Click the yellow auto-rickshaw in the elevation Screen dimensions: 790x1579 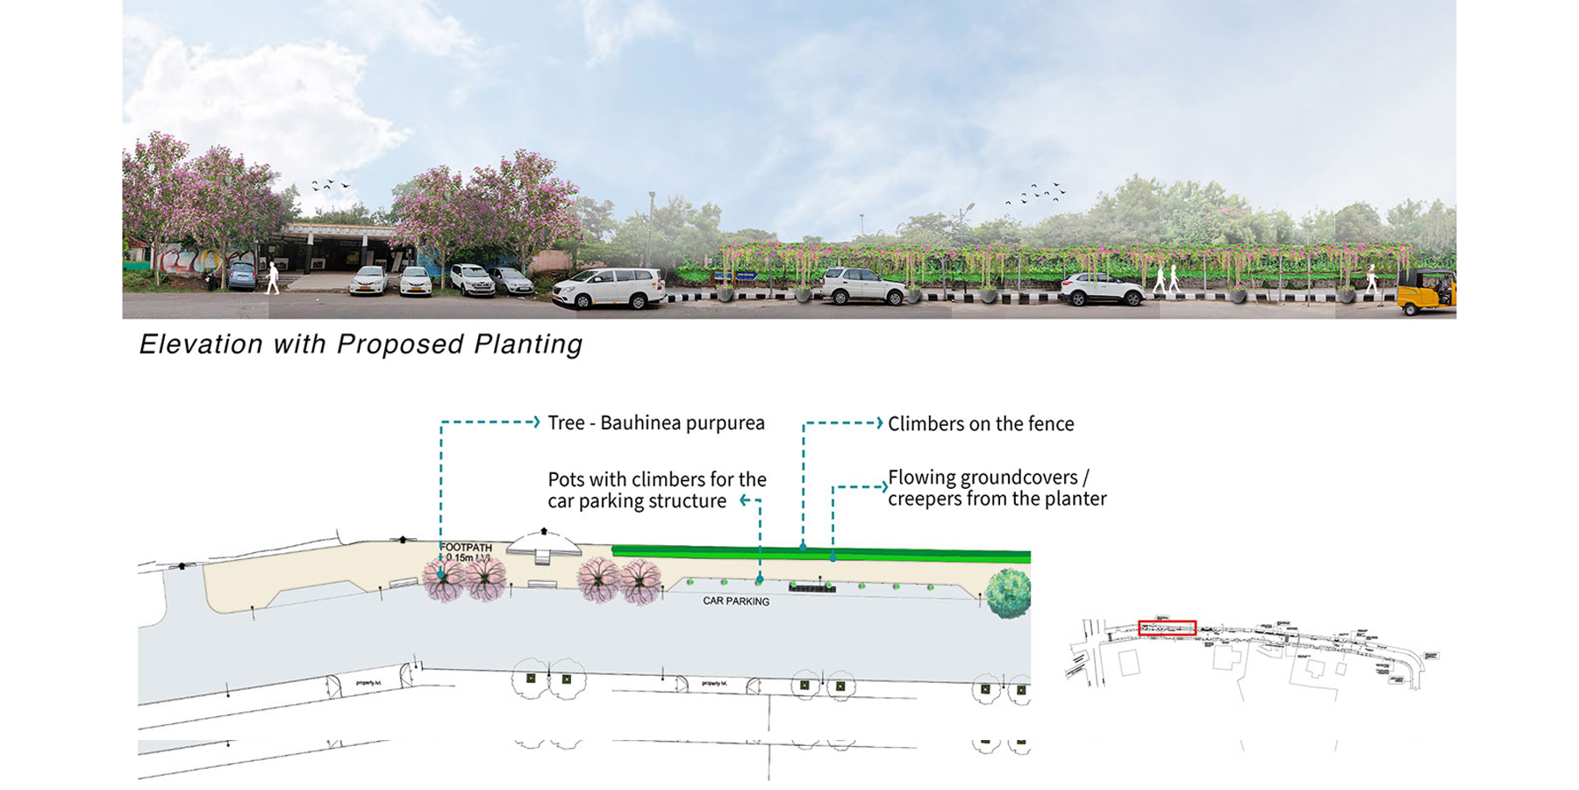coord(1426,292)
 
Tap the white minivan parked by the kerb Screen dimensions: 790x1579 coord(609,288)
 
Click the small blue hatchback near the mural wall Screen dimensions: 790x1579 coord(241,276)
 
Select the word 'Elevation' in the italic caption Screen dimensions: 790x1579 coord(201,344)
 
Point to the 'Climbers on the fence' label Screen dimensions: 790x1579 coord(981,424)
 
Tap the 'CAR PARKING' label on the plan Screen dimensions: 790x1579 coord(736,601)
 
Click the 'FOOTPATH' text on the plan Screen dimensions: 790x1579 coord(466,548)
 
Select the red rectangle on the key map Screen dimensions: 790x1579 coord(1167,628)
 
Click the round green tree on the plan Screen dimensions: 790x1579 coord(1008,592)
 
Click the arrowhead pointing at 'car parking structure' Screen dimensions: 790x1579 coord(744,500)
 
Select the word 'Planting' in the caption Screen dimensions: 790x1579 coord(528,344)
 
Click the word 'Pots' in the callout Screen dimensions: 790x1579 coord(566,480)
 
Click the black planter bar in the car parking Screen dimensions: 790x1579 coord(811,587)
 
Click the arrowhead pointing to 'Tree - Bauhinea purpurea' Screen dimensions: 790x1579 coord(535,422)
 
